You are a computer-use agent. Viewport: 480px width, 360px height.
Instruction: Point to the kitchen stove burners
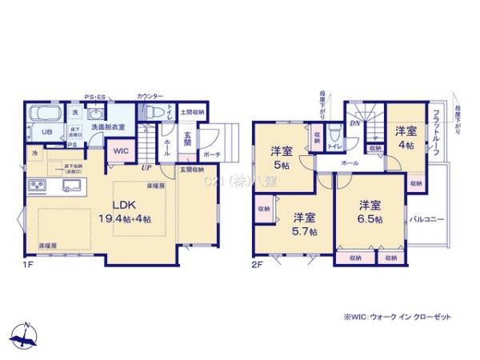click(37, 188)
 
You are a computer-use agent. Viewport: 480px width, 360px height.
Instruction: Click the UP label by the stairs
click(146, 168)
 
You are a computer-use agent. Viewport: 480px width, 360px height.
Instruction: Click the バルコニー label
click(426, 217)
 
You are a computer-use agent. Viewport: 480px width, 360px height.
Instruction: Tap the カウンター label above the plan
click(148, 94)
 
